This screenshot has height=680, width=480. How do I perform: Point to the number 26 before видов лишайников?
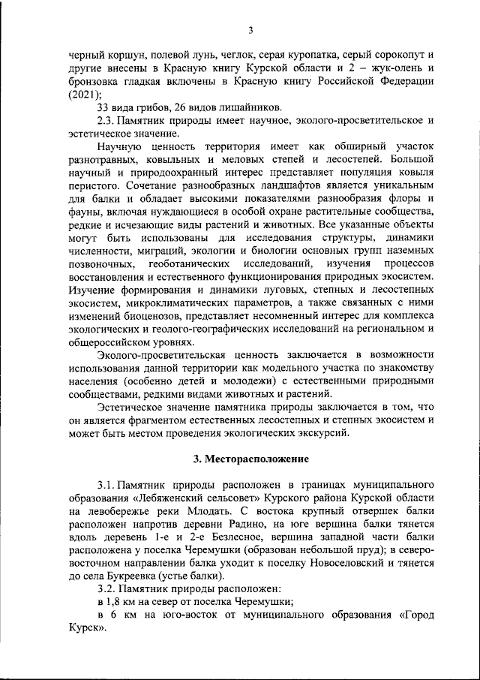pos(193,107)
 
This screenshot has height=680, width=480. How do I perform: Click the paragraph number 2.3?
pos(110,120)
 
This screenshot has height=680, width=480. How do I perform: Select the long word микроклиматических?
pos(176,302)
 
